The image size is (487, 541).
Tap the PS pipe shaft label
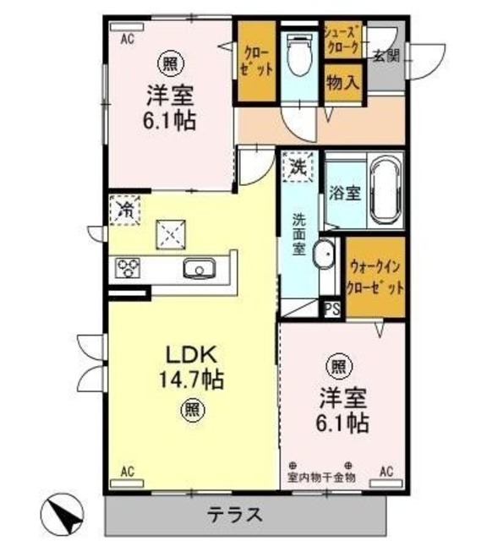(332, 309)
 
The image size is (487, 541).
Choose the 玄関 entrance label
(386, 55)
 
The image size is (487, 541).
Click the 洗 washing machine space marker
(298, 166)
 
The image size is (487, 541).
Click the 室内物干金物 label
(322, 477)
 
